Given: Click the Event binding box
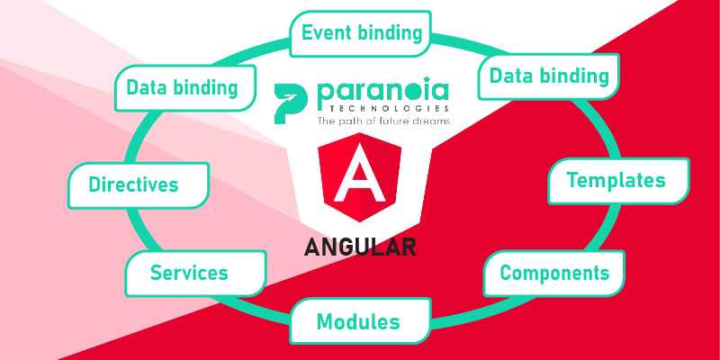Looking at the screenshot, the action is [x=361, y=33].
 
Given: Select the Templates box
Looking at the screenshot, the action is [x=618, y=181].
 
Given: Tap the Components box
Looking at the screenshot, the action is [x=553, y=274].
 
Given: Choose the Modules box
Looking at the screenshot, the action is [x=361, y=321].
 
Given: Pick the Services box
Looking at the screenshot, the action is [x=195, y=274].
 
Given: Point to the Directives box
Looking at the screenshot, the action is [x=139, y=185].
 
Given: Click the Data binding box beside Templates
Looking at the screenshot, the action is [x=549, y=76].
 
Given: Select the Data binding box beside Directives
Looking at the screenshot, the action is [x=185, y=88].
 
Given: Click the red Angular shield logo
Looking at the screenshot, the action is [x=359, y=177].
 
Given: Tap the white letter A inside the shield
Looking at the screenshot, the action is [x=359, y=174].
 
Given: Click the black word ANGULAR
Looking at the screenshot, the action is [x=360, y=247].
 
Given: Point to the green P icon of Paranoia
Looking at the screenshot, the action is [x=291, y=104].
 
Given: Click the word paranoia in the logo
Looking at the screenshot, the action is [x=382, y=93].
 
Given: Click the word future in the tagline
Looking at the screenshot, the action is [x=391, y=121].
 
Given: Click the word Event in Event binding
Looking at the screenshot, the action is [x=327, y=33].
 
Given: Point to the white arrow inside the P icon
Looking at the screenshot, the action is [x=289, y=98].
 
